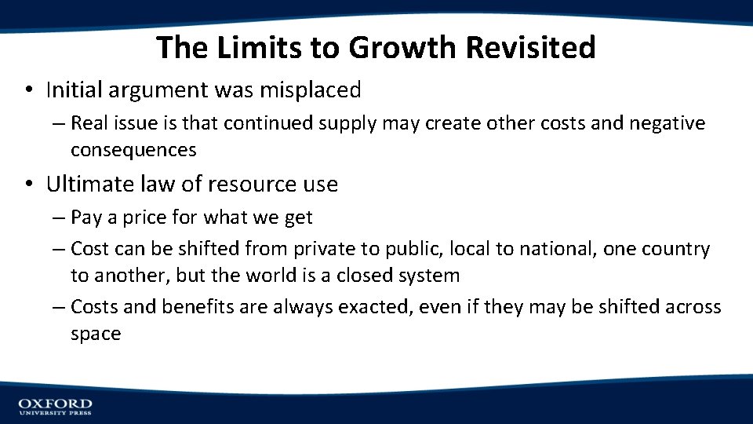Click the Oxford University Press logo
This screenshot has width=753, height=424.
tap(55, 406)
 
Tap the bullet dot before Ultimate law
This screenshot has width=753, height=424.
tap(27, 185)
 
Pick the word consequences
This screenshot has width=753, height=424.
tap(133, 149)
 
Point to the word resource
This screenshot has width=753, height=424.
tap(251, 185)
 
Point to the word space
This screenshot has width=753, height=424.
tap(96, 334)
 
